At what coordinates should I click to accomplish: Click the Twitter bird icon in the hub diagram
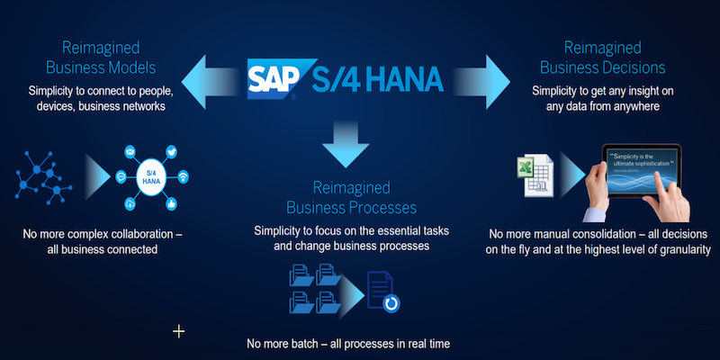pyautogui.click(x=173, y=155)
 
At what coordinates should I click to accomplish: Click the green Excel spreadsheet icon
pyautogui.click(x=530, y=174)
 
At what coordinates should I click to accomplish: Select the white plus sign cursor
pyautogui.click(x=178, y=332)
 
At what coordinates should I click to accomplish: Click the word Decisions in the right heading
pyautogui.click(x=633, y=67)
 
